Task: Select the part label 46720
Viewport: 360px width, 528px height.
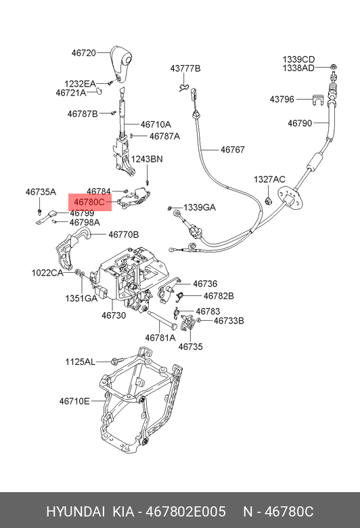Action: point(84,53)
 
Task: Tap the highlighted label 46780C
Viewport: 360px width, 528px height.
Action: point(89,202)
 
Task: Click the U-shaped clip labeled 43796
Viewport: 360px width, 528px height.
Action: point(317,100)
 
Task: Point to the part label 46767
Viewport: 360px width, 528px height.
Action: point(233,150)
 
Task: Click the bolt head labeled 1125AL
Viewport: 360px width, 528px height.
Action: point(114,361)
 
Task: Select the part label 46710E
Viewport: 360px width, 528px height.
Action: point(74,401)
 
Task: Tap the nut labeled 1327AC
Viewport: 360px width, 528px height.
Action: point(269,201)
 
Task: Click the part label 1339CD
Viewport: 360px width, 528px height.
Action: point(298,60)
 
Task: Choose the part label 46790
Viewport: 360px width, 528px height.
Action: point(300,123)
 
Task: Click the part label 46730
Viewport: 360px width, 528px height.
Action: point(114,315)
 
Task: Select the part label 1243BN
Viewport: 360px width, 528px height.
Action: point(147,159)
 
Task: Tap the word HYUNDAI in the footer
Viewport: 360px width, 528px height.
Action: point(75,512)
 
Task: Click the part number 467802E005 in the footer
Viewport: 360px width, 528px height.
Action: point(185,512)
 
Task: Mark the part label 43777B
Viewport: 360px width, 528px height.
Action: point(185,68)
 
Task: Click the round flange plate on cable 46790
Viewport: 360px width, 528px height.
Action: point(290,198)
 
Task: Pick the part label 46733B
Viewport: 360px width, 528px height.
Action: point(229,321)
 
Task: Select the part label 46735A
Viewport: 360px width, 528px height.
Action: point(41,192)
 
